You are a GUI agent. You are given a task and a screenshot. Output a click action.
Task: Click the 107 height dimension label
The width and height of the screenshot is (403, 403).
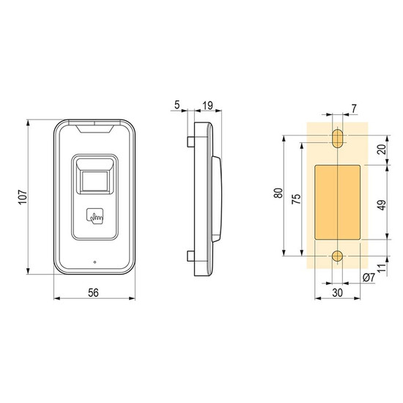pyautogui.click(x=23, y=197)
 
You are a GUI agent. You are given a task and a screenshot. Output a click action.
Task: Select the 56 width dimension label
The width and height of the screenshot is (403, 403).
pyautogui.click(x=93, y=293)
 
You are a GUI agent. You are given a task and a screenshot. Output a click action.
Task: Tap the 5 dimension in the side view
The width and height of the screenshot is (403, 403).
pyautogui.click(x=177, y=105)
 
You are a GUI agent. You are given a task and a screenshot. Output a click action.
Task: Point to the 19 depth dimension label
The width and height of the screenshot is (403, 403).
pyautogui.click(x=207, y=106)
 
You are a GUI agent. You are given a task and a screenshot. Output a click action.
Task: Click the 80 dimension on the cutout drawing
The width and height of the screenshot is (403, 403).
pyautogui.click(x=278, y=193)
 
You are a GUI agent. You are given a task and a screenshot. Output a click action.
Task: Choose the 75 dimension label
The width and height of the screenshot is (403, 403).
pyautogui.click(x=296, y=199)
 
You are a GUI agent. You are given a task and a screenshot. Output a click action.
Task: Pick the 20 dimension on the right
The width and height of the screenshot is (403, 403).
pyautogui.click(x=382, y=149)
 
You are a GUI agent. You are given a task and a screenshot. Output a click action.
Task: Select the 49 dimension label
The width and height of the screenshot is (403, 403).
pyautogui.click(x=382, y=205)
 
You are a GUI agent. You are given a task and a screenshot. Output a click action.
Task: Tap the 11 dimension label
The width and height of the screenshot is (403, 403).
pyautogui.click(x=382, y=268)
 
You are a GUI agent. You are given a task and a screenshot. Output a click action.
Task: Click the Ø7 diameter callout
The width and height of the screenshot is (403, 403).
pyautogui.click(x=369, y=277)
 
